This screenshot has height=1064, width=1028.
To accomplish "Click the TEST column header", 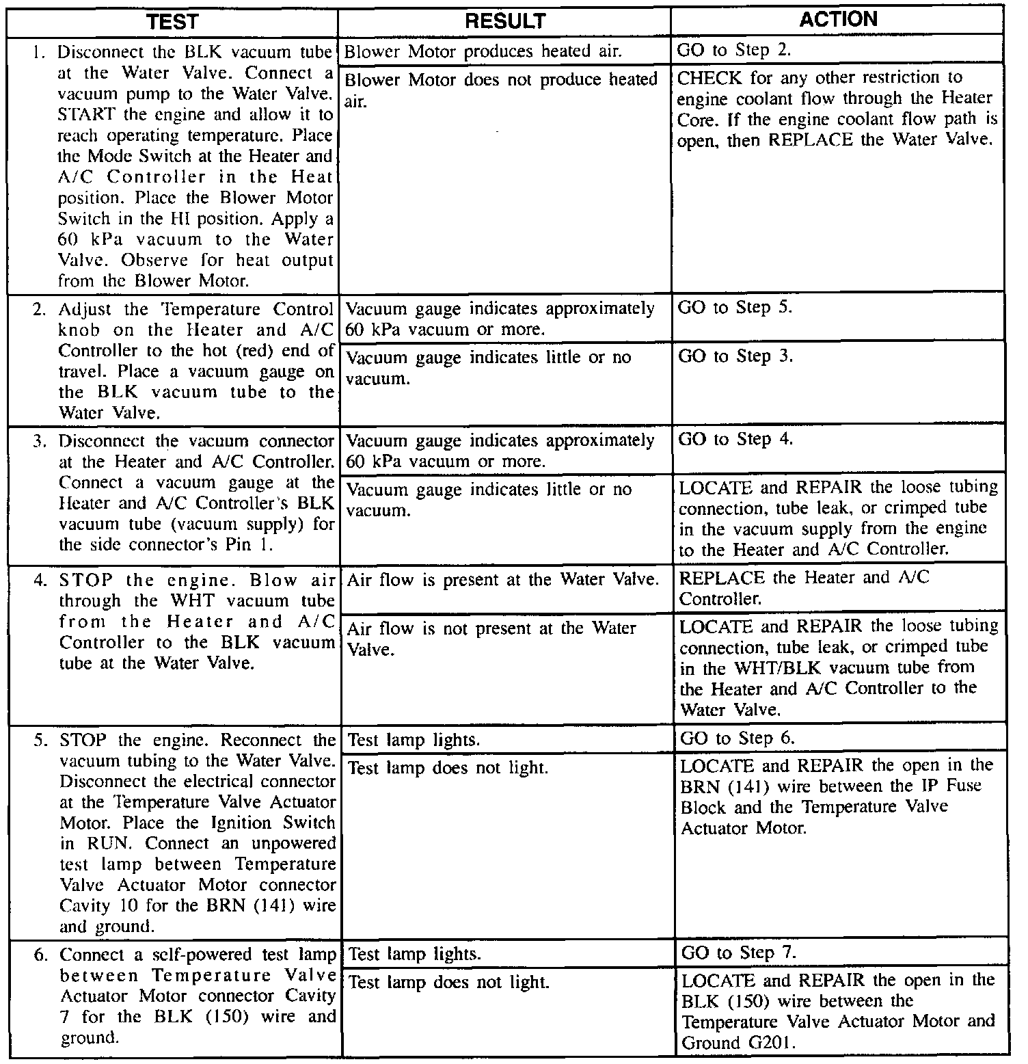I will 172,22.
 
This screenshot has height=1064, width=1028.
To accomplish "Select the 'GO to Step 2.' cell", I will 734,50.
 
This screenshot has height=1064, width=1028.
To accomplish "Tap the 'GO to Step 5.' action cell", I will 735,308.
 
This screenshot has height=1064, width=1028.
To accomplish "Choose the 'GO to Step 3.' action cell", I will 735,356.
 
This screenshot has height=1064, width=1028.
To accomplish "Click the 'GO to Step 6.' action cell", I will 738,739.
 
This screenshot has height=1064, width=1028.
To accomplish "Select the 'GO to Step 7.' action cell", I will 739,953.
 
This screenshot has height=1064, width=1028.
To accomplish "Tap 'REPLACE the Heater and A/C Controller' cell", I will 804,588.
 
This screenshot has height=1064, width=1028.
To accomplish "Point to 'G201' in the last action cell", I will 773,1043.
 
